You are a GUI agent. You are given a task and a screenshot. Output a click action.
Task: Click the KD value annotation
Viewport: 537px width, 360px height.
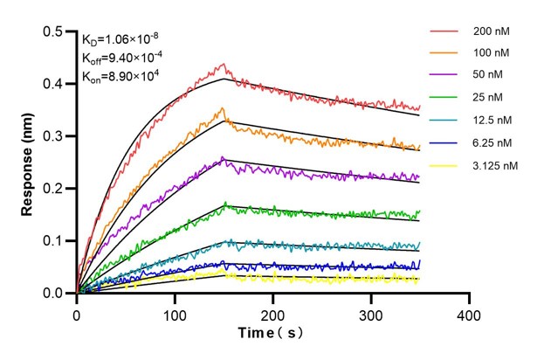120,40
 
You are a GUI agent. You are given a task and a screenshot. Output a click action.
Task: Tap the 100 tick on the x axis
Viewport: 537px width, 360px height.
175,311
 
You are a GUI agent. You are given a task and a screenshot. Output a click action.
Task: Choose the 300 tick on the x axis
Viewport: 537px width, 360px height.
371,311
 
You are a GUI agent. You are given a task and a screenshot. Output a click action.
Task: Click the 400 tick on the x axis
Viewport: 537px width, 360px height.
470,311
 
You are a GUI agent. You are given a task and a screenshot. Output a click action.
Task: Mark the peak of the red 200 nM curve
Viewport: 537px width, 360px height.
224,64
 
